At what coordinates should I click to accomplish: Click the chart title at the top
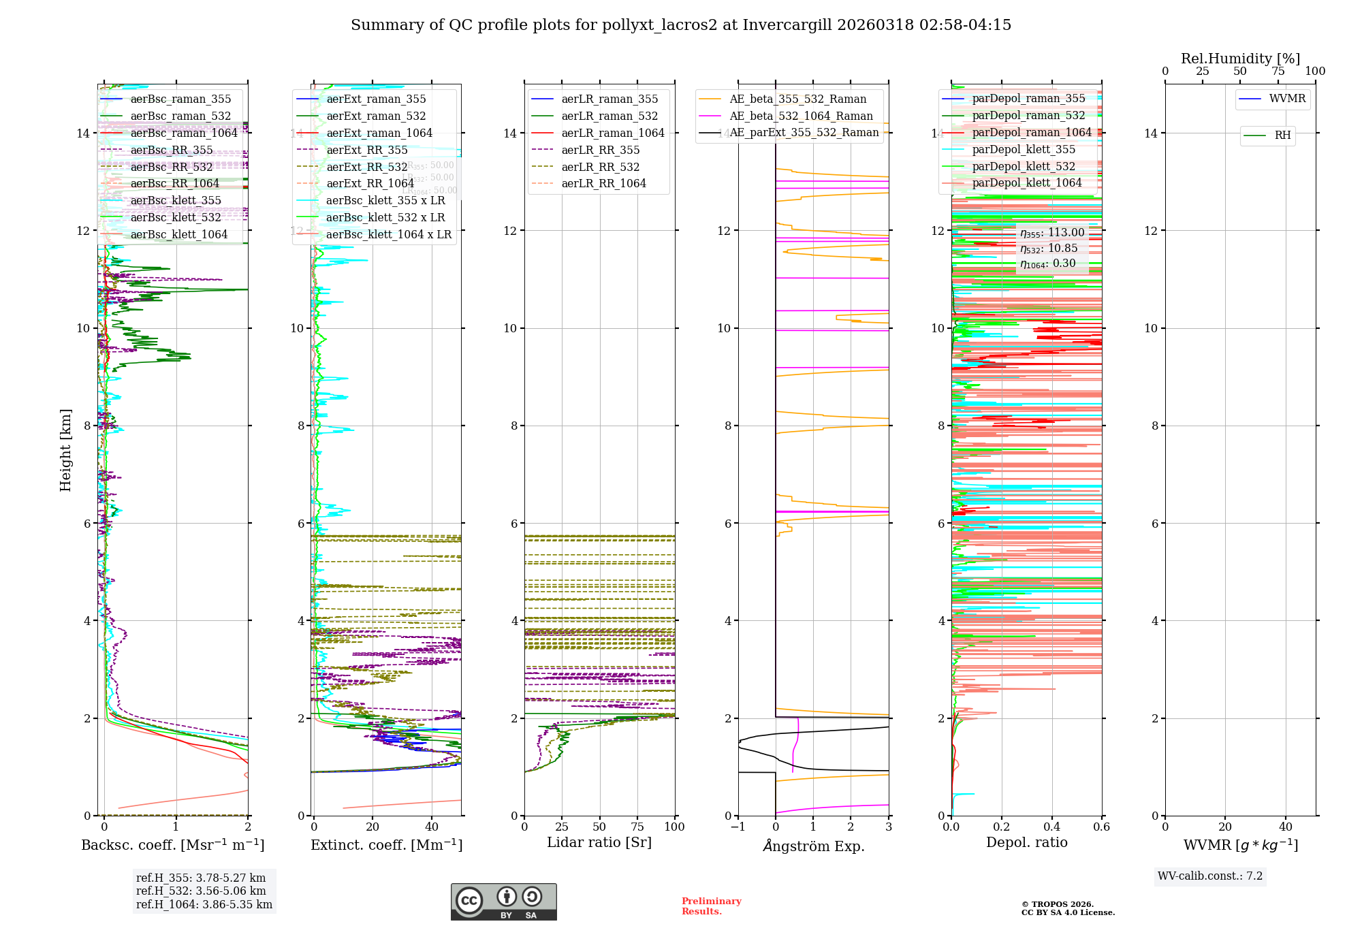click(681, 25)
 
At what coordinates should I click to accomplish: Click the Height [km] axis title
click(65, 449)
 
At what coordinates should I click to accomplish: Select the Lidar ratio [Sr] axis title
click(599, 842)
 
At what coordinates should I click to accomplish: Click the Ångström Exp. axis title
click(814, 846)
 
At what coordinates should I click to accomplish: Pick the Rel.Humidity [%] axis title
click(1240, 59)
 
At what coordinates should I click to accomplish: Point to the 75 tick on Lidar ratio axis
click(637, 827)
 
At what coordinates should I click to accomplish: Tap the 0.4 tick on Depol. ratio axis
click(1051, 827)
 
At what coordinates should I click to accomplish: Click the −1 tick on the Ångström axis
click(738, 827)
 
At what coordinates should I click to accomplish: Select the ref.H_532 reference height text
click(201, 891)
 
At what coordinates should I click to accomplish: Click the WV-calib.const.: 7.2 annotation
click(1210, 876)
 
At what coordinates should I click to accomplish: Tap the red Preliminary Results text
click(711, 906)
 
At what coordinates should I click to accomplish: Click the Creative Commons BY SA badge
click(503, 901)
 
